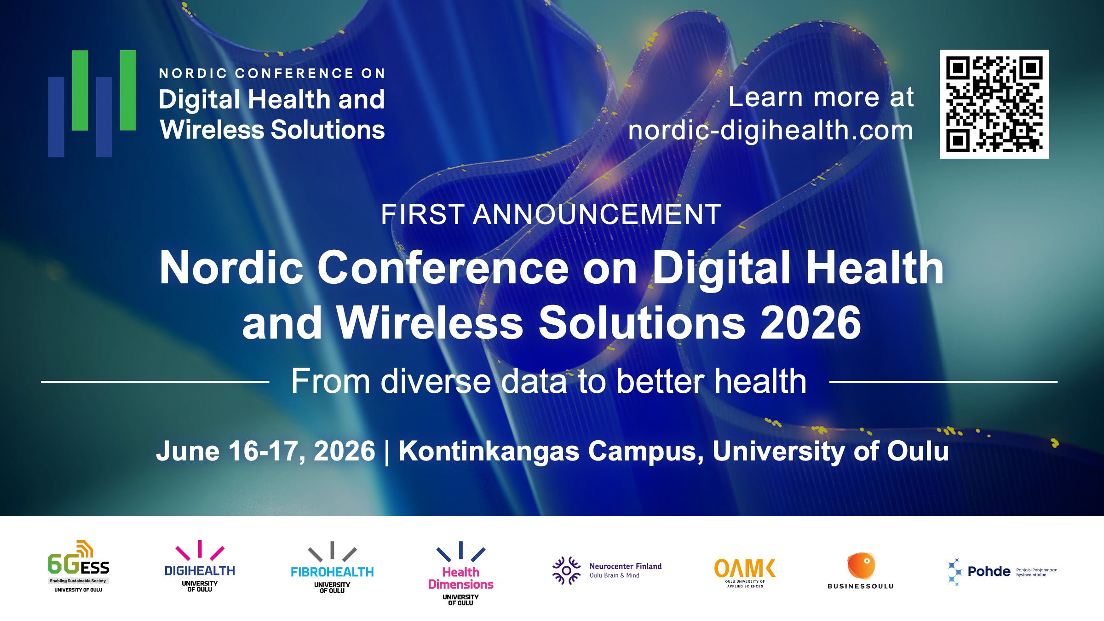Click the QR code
click(x=994, y=104)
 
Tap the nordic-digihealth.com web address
click(x=770, y=130)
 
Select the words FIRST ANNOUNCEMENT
click(x=551, y=214)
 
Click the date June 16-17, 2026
click(x=265, y=451)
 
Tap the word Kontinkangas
click(x=489, y=451)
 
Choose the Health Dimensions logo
click(x=460, y=573)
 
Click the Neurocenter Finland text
click(x=626, y=566)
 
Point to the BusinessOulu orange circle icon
click(x=861, y=565)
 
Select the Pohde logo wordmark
click(x=989, y=571)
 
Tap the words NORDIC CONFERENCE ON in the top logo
click(x=272, y=73)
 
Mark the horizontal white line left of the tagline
click(x=155, y=381)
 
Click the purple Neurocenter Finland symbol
click(x=566, y=571)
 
